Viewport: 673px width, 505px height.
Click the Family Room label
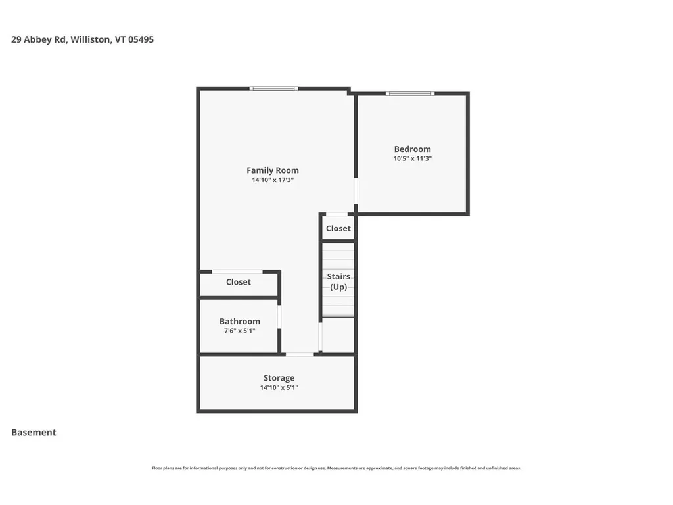tap(273, 170)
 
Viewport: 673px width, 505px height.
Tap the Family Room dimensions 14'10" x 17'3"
tap(273, 180)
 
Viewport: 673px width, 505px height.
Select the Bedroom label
tap(412, 149)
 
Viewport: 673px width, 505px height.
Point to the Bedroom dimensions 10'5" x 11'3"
tap(412, 158)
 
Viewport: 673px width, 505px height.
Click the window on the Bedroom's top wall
tap(410, 93)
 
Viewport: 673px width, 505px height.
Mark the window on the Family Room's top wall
tap(273, 88)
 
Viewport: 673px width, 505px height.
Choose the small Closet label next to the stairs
tap(338, 228)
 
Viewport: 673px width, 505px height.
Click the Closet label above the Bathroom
tap(239, 282)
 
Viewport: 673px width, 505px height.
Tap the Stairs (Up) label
tap(338, 281)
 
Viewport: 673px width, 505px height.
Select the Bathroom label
tap(240, 322)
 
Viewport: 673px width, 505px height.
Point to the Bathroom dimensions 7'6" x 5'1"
tap(240, 331)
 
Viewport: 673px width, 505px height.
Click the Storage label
tap(279, 378)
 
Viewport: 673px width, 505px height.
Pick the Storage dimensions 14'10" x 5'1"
tap(279, 388)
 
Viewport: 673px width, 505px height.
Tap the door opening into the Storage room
tap(300, 354)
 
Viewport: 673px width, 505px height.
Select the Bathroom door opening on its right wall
tap(279, 316)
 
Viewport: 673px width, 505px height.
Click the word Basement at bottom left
tap(34, 432)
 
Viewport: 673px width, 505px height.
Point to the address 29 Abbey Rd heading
tap(39, 39)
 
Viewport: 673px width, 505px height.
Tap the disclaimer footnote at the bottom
tap(336, 468)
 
